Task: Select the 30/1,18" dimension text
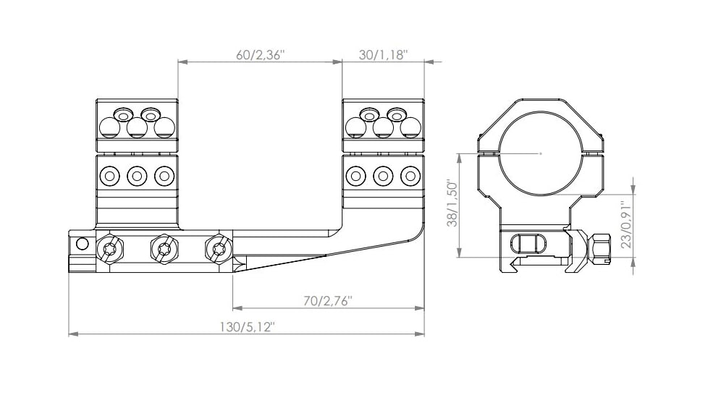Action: pyautogui.click(x=384, y=55)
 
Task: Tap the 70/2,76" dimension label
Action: pyautogui.click(x=327, y=300)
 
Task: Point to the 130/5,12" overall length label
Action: pyautogui.click(x=247, y=327)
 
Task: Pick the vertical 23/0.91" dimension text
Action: pyautogui.click(x=627, y=225)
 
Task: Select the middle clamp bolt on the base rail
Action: pyautogui.click(x=163, y=250)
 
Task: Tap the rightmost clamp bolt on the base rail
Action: pyautogui.click(x=217, y=250)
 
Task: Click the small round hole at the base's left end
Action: pyautogui.click(x=82, y=243)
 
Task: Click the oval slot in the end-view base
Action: pyautogui.click(x=525, y=244)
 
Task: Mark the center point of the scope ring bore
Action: pyautogui.click(x=541, y=153)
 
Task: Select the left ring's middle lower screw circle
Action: pyautogui.click(x=137, y=175)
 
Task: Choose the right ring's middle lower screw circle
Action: pyautogui.click(x=383, y=175)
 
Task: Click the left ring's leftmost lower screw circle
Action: pyautogui.click(x=110, y=175)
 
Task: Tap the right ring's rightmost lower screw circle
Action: pyautogui.click(x=410, y=175)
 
